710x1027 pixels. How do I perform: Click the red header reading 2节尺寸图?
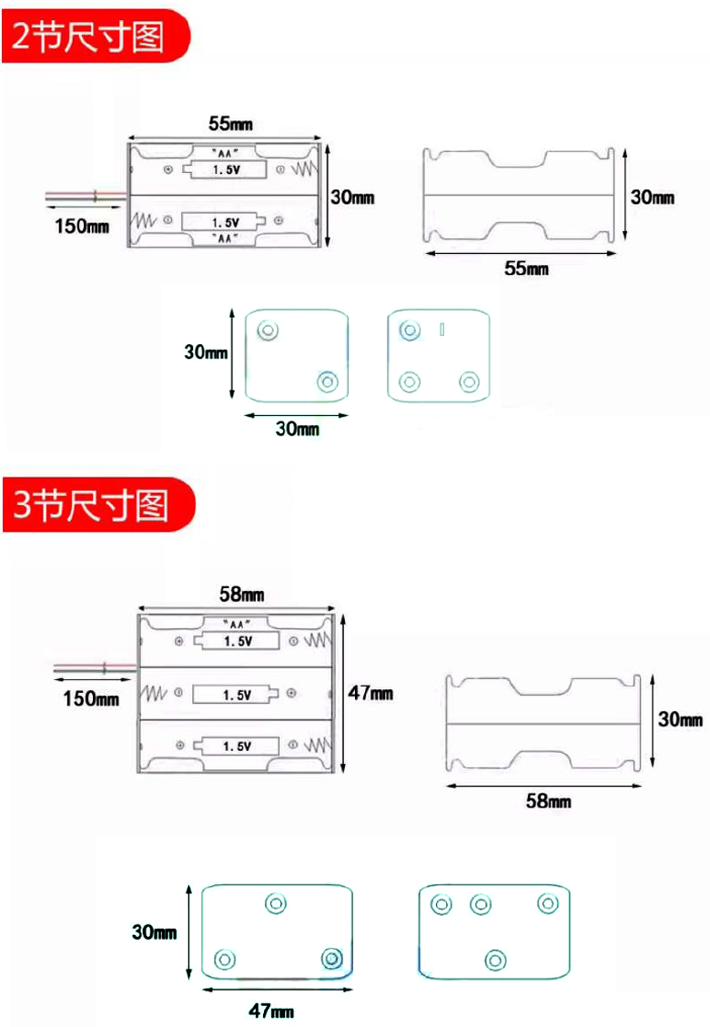click(91, 38)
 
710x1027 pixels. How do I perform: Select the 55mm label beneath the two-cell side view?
click(527, 268)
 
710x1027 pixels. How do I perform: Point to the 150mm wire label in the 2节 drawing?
click(79, 225)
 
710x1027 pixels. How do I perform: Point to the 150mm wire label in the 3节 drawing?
click(90, 698)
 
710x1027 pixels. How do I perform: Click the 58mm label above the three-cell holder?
click(242, 595)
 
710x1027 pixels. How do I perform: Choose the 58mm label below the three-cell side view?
click(548, 800)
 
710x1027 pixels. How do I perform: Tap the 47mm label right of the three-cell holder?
click(371, 693)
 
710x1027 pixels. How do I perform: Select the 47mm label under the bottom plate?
click(271, 1011)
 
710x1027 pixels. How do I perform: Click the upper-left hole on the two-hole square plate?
click(268, 330)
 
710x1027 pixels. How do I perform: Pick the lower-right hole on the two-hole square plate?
click(326, 382)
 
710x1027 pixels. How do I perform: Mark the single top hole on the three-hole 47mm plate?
click(276, 903)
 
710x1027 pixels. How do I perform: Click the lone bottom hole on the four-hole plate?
click(495, 960)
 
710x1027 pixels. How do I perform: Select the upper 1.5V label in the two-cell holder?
click(226, 170)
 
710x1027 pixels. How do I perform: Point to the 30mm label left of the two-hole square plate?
click(206, 351)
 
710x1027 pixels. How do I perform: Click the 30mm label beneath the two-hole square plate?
click(298, 429)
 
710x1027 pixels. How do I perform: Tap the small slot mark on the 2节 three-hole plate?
click(442, 330)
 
